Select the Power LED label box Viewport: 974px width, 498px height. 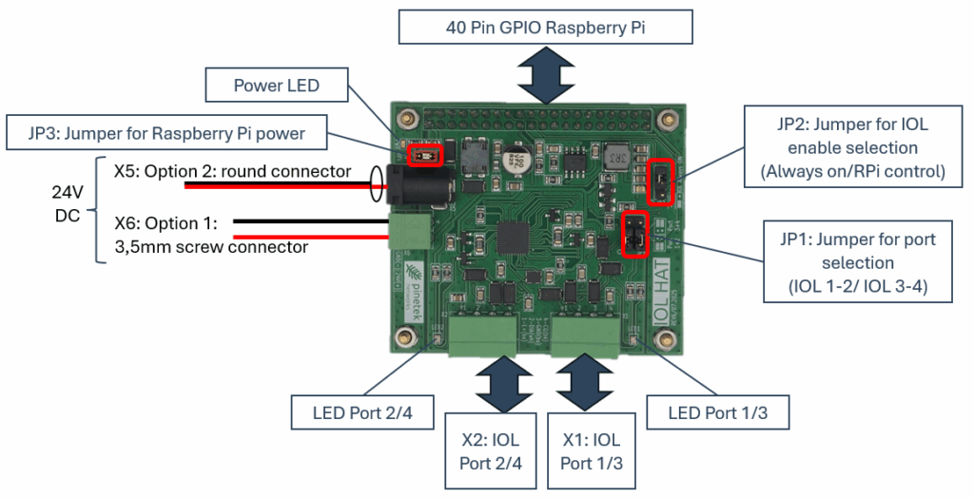pyautogui.click(x=277, y=86)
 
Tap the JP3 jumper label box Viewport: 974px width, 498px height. pyautogui.click(x=167, y=133)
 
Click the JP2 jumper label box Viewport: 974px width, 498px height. pyautogui.click(x=852, y=148)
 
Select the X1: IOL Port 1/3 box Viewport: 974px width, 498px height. pyautogui.click(x=591, y=451)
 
